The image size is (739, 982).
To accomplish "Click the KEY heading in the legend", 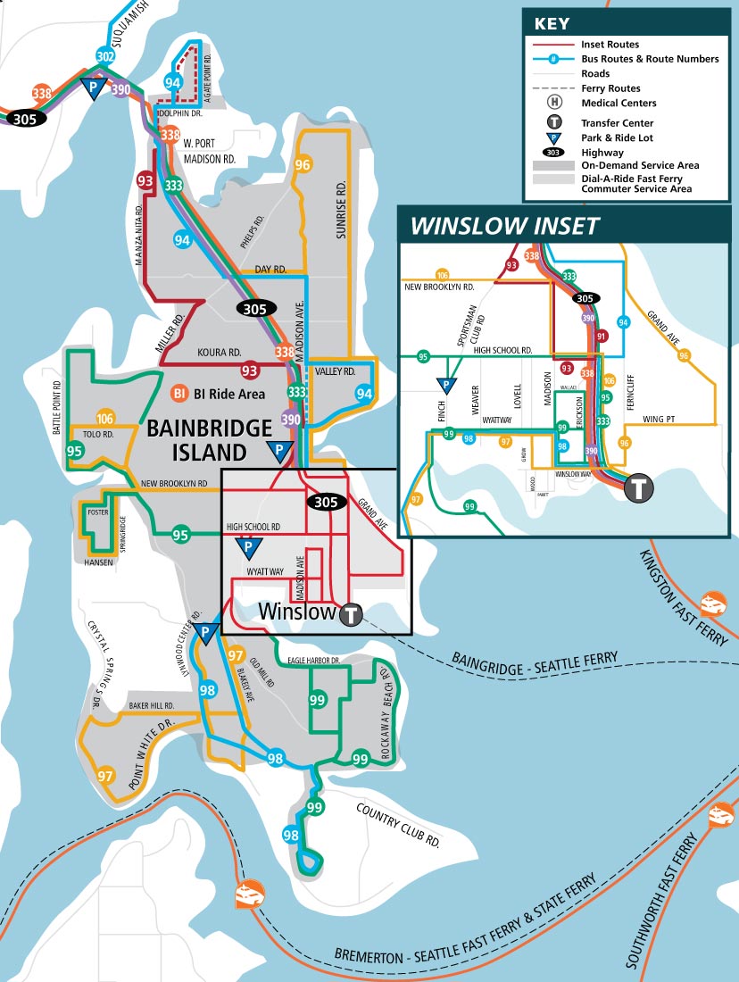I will [552, 24].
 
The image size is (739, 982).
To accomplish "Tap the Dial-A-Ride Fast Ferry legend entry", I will [635, 183].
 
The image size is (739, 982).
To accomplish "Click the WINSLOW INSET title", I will [504, 225].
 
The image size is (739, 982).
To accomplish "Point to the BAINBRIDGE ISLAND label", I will [209, 438].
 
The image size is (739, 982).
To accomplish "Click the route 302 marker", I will [105, 56].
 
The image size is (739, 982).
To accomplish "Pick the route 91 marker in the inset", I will [601, 337].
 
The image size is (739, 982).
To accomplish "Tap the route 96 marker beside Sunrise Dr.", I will [303, 165].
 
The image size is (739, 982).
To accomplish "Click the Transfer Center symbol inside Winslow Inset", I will [639, 488].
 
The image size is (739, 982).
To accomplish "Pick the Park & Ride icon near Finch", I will [444, 386].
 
